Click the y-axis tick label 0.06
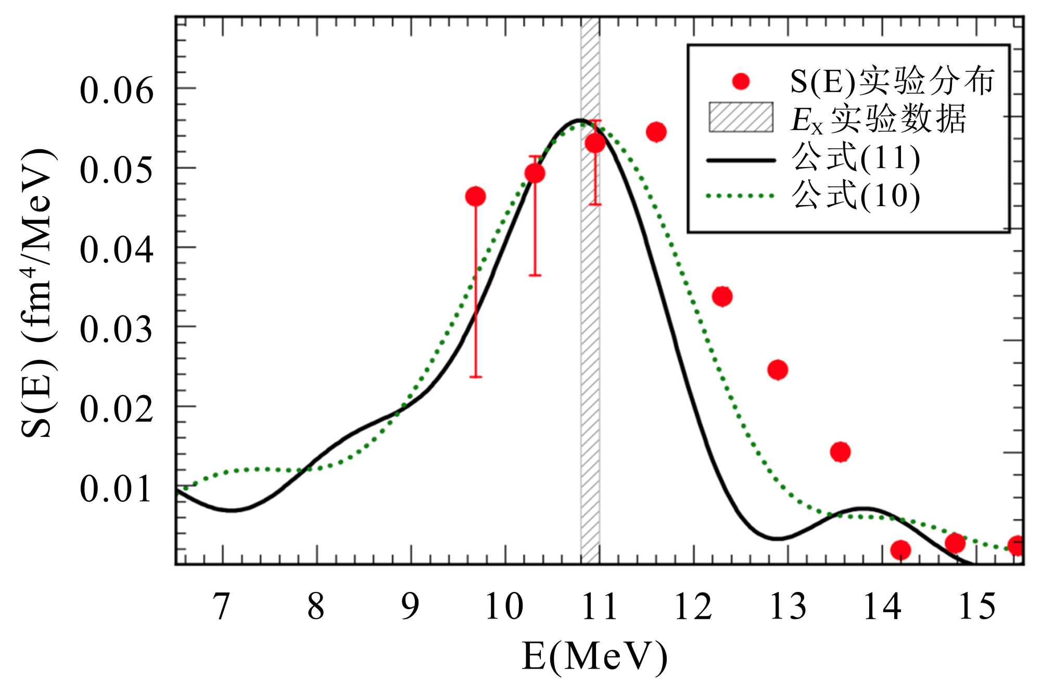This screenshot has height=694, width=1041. click(117, 91)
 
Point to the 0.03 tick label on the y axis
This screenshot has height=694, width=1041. click(117, 330)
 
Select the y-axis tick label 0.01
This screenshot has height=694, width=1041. click(117, 489)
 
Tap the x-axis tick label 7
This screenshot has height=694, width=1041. click(222, 607)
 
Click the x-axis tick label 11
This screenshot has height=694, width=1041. click(599, 607)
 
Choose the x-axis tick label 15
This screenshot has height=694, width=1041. click(976, 607)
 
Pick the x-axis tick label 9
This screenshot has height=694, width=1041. click(410, 607)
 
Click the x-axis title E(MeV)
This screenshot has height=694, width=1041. click(594, 657)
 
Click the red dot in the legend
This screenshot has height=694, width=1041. click(740, 81)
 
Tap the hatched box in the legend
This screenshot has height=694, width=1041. click(741, 117)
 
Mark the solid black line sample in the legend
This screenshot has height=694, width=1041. click(741, 160)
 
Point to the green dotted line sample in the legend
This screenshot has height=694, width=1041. click(741, 196)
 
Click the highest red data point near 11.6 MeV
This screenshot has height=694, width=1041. click(656, 132)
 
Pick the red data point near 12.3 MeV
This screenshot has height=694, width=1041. click(722, 297)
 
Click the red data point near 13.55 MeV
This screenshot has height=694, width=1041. click(840, 452)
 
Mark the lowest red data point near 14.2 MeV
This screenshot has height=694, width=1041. click(900, 550)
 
